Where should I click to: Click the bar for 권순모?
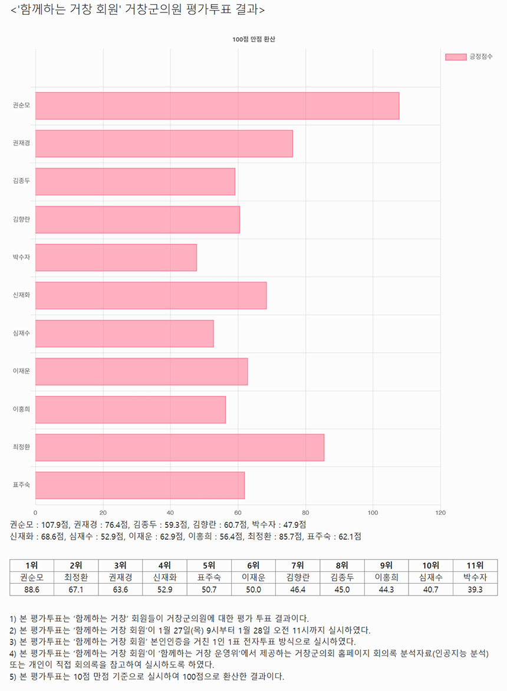coord(217,106)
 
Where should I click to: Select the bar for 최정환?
coord(180,448)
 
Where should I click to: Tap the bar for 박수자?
coord(116,257)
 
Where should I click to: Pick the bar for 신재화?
coord(151,296)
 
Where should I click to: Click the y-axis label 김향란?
coord(21,220)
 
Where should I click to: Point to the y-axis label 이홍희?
coord(21,409)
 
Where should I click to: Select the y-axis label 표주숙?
coord(21,485)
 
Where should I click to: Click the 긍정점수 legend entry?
coord(469,57)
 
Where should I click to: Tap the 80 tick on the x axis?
coord(305,512)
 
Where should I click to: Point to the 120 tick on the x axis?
coord(440,512)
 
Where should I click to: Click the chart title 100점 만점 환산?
coord(254,39)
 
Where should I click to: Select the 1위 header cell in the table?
coord(32,566)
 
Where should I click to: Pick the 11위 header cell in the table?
coord(475,566)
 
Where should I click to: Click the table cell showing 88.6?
coord(32,589)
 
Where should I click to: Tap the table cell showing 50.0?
coord(253,589)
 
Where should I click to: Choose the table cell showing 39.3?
coord(475,589)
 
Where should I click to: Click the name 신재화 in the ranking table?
coord(164,577)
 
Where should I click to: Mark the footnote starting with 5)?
coord(147,676)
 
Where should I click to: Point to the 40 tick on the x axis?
coord(170,512)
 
